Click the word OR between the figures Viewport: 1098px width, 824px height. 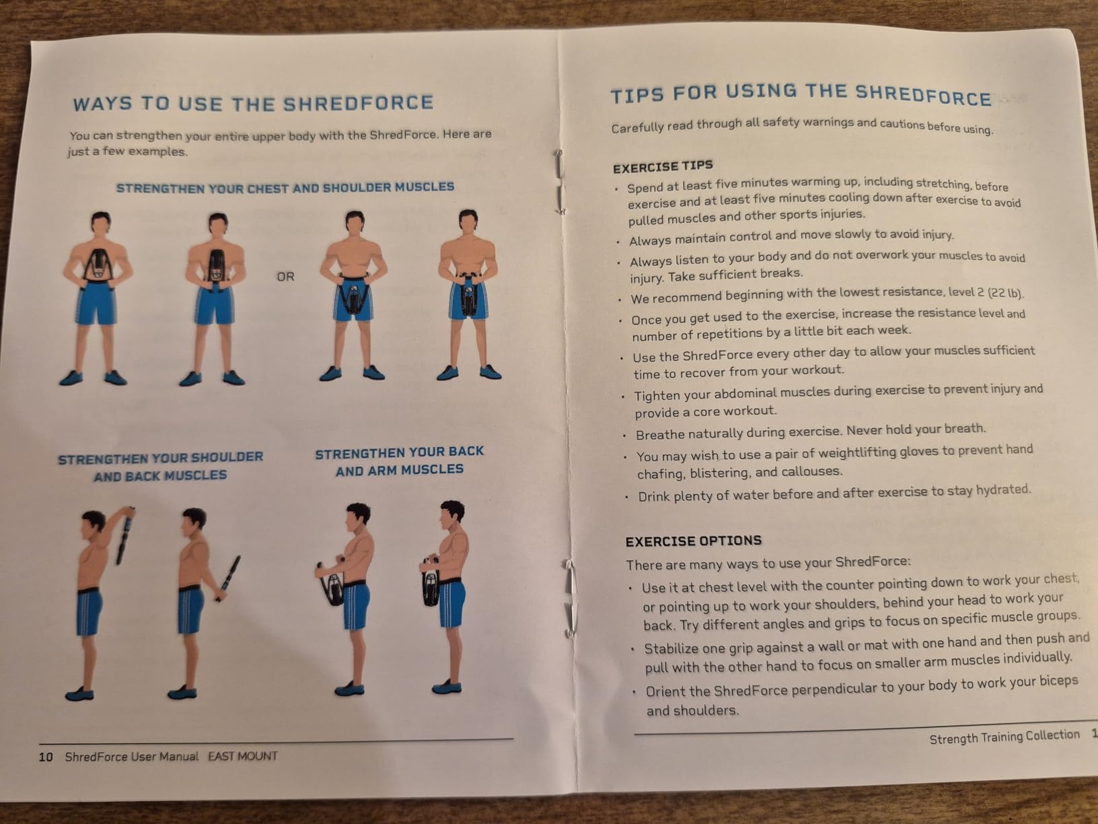point(286,277)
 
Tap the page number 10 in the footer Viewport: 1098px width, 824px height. point(46,757)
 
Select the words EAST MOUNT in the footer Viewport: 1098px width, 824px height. point(243,756)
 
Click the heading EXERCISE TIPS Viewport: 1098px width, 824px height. point(663,166)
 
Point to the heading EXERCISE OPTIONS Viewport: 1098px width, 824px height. point(694,541)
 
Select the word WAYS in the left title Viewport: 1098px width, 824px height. point(103,104)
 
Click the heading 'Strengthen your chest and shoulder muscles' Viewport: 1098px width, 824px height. point(285,188)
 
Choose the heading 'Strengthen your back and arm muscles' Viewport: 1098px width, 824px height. point(399,460)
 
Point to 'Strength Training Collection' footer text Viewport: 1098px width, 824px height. point(1004,736)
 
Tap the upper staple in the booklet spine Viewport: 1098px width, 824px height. point(558,182)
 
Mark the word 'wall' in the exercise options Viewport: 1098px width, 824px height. point(840,644)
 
